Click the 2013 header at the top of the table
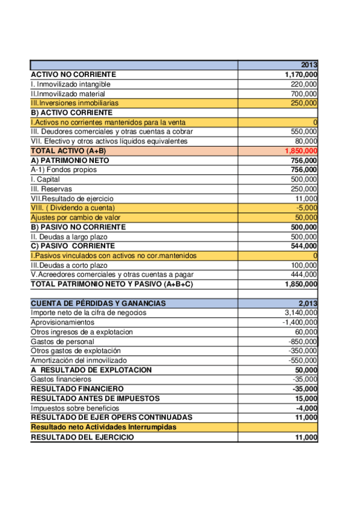point(309,65)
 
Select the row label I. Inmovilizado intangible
point(70,84)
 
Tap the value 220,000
point(304,84)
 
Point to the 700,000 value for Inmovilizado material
point(304,94)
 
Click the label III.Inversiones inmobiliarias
point(75,103)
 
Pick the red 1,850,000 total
point(301,151)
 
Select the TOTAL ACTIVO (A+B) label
point(68,151)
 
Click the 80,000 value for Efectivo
point(305,141)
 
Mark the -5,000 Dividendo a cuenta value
point(307,208)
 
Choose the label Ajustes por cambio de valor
point(75,218)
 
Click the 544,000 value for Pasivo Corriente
point(304,246)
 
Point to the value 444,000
point(304,275)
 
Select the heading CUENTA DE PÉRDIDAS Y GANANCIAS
point(98,303)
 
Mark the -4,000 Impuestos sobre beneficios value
point(307,408)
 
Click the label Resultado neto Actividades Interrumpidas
point(103,427)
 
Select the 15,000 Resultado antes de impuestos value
point(305,398)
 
